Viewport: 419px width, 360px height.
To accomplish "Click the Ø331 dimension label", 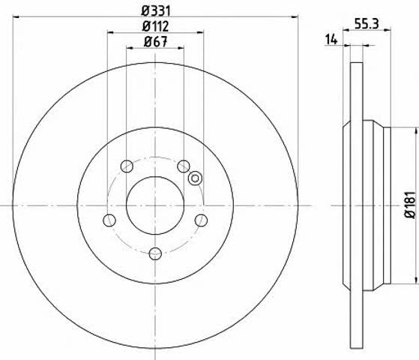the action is tap(155, 10).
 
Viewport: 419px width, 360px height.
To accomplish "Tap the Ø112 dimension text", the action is tap(155, 26).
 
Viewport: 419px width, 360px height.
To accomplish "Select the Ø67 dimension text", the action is tap(155, 41).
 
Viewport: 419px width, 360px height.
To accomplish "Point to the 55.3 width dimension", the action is tap(367, 24).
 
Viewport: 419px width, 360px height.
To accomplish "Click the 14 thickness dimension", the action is tap(331, 40).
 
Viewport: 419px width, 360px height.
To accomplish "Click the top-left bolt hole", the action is tap(127, 166).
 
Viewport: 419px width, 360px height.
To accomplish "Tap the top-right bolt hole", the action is tap(184, 166).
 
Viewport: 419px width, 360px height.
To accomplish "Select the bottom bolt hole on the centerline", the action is tap(155, 253).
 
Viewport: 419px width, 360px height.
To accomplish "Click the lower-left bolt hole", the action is tap(109, 220).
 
